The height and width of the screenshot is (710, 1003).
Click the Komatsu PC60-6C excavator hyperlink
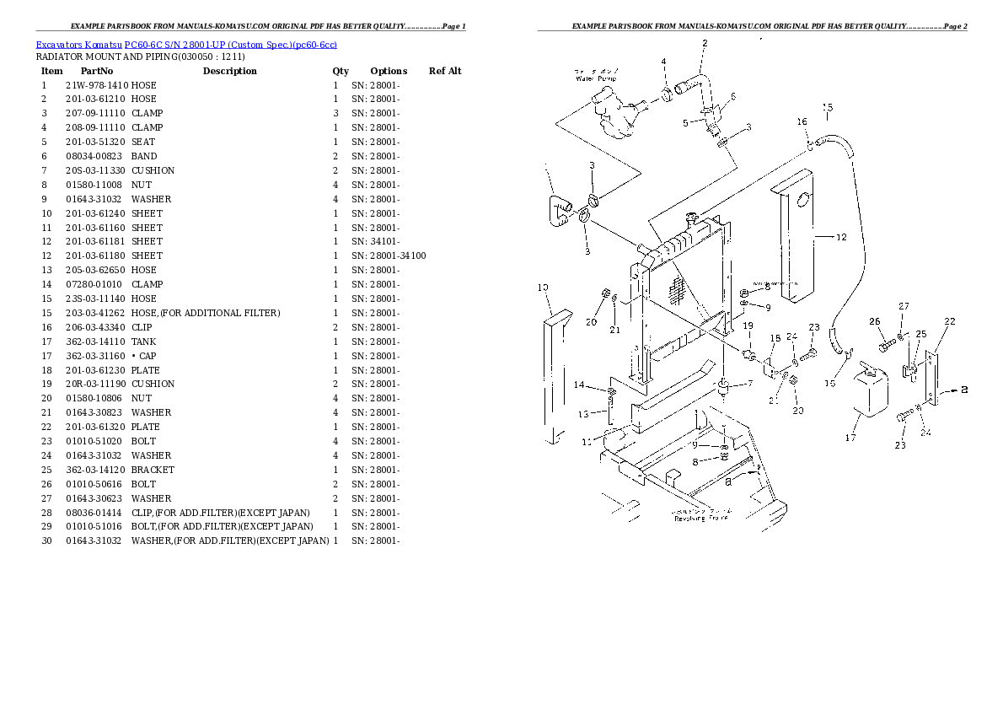click(185, 44)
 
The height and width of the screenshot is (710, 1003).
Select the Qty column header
click(340, 71)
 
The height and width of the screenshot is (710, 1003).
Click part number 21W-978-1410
click(97, 85)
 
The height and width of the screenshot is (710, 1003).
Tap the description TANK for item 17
click(143, 342)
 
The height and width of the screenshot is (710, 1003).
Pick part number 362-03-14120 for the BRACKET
click(97, 470)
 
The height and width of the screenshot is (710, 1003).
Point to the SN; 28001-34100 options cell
click(389, 255)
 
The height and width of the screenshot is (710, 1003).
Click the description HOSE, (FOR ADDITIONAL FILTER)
click(205, 313)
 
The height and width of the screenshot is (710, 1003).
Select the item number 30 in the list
click(46, 541)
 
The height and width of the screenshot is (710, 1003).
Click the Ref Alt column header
click(445, 71)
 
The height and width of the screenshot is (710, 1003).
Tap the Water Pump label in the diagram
click(595, 75)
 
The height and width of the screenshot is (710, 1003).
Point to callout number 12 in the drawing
click(840, 238)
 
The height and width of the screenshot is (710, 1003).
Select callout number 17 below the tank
click(850, 438)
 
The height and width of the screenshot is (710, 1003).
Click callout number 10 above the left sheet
click(543, 288)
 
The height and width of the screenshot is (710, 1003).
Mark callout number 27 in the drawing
click(903, 306)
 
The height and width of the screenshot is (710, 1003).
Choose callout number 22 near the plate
click(949, 321)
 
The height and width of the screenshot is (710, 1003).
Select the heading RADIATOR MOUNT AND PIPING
click(140, 57)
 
